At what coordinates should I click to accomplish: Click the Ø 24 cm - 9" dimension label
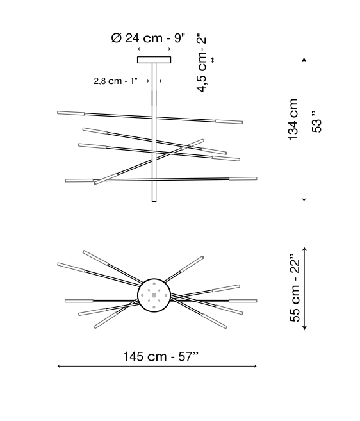[148, 38]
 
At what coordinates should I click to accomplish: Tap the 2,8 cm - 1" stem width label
[116, 81]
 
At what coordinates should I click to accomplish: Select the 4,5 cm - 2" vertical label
[201, 63]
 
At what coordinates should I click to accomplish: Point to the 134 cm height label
[293, 119]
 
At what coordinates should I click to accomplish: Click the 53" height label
[316, 121]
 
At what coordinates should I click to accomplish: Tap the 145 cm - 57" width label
[161, 356]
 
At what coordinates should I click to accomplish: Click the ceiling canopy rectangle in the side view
[154, 60]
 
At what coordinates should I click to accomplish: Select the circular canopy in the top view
[154, 295]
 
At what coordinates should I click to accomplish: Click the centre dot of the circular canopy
[154, 295]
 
